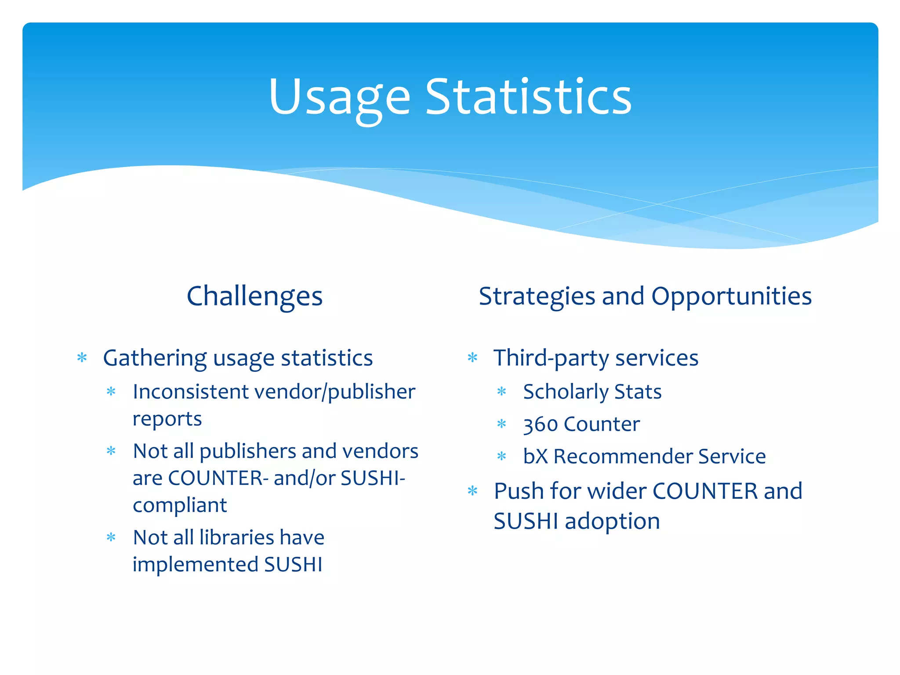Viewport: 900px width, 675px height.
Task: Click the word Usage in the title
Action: pyautogui.click(x=339, y=98)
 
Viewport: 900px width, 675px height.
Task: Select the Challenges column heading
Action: pyautogui.click(x=254, y=296)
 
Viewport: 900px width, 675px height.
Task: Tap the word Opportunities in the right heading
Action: pyautogui.click(x=731, y=296)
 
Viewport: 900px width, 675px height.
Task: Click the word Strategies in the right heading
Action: pyautogui.click(x=537, y=296)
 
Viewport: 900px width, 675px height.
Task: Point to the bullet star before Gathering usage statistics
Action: pyautogui.click(x=82, y=358)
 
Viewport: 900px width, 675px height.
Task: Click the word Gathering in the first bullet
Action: pyautogui.click(x=155, y=358)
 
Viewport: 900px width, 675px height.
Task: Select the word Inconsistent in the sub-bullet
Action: pyautogui.click(x=190, y=392)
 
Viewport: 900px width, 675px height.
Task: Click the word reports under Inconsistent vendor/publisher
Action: pyautogui.click(x=167, y=419)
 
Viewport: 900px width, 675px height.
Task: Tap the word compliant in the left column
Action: pyautogui.click(x=180, y=505)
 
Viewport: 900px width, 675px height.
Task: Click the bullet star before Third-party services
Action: pyautogui.click(x=472, y=358)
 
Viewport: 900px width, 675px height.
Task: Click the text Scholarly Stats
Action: pyautogui.click(x=592, y=392)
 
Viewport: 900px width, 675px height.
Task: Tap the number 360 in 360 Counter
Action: pyautogui.click(x=540, y=425)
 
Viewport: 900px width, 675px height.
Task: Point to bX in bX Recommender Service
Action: pyautogui.click(x=535, y=456)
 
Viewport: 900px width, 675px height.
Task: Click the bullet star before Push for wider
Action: pyautogui.click(x=472, y=491)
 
